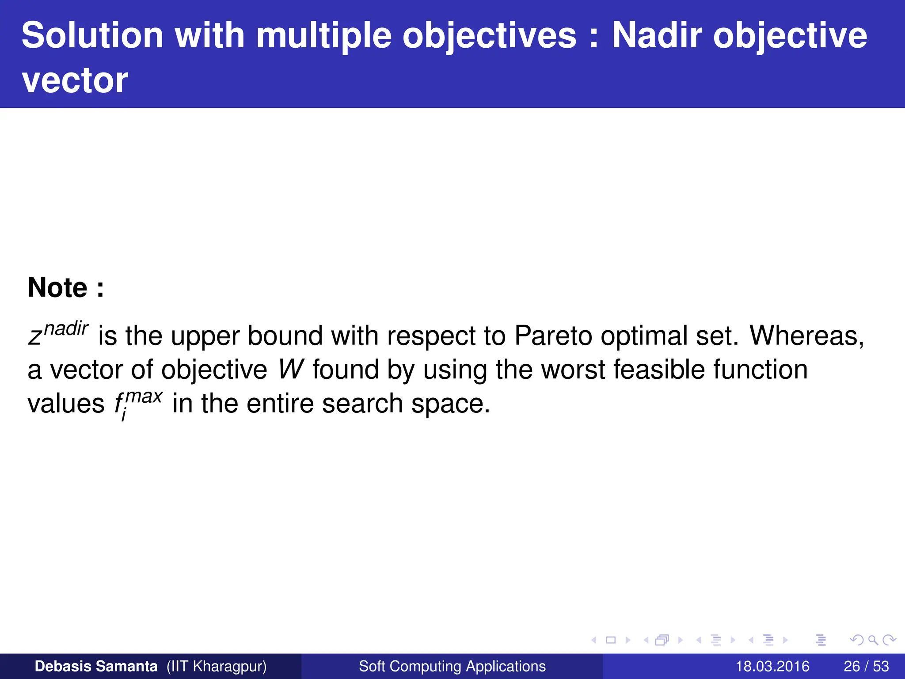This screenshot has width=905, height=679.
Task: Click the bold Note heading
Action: [65, 288]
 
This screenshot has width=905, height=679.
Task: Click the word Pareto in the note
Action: [553, 336]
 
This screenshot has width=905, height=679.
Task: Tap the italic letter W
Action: [291, 370]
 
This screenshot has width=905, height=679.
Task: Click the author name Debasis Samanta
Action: [96, 666]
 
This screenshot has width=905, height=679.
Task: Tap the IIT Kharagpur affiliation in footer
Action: [217, 666]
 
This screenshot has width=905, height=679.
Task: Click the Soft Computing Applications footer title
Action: [452, 666]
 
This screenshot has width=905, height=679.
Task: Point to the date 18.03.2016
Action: [772, 666]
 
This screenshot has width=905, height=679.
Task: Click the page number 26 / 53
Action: [866, 666]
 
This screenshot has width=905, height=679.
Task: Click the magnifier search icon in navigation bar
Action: [873, 640]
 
